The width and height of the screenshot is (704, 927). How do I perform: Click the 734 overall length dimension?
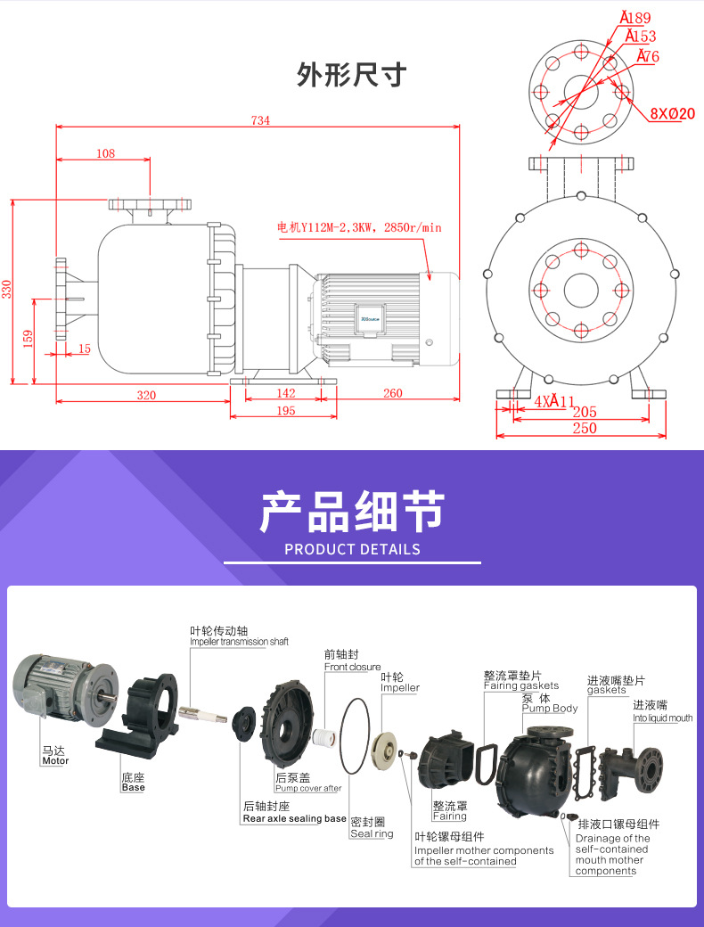click(260, 121)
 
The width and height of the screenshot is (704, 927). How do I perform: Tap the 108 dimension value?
click(105, 153)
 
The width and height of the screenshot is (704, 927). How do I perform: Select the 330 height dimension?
click(7, 290)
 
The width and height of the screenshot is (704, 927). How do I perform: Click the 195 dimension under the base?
click(285, 410)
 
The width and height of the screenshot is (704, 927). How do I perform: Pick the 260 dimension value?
click(392, 393)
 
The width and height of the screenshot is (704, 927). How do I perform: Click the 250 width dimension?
click(584, 429)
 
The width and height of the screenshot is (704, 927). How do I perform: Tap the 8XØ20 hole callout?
click(672, 113)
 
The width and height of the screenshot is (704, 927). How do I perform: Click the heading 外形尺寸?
click(351, 75)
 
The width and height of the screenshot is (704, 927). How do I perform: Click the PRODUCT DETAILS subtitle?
click(352, 549)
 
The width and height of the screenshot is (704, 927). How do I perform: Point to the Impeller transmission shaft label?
click(239, 641)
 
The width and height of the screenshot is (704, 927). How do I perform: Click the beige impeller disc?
click(386, 749)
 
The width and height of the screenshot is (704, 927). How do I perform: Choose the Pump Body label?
click(550, 709)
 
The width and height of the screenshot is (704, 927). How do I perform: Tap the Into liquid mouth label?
click(662, 718)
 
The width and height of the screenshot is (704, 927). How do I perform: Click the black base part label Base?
click(133, 788)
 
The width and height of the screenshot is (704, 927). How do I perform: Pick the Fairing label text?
click(449, 816)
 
